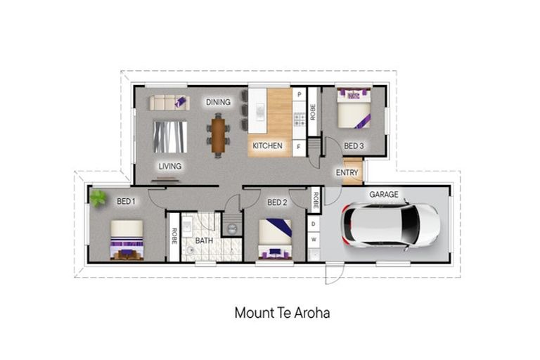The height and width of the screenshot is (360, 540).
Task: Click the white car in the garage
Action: click(390, 226)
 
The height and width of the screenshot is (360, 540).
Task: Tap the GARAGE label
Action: click(384, 194)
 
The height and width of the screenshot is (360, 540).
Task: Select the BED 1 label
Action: click(126, 201)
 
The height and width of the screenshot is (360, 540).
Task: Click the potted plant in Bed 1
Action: click(98, 198)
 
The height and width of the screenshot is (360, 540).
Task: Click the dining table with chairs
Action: click(219, 135)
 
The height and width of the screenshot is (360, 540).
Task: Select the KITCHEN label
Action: click(268, 146)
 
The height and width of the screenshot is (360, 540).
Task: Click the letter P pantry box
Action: click(298, 94)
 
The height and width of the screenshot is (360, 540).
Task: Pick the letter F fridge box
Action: click(298, 147)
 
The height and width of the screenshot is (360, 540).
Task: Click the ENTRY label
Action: click(347, 172)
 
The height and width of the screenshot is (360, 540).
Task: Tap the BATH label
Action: click(204, 240)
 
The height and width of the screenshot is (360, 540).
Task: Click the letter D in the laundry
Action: click(313, 224)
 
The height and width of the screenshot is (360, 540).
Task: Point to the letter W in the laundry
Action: click(313, 240)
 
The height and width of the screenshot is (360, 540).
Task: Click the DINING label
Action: click(218, 102)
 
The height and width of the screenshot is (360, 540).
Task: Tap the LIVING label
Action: click(170, 166)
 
